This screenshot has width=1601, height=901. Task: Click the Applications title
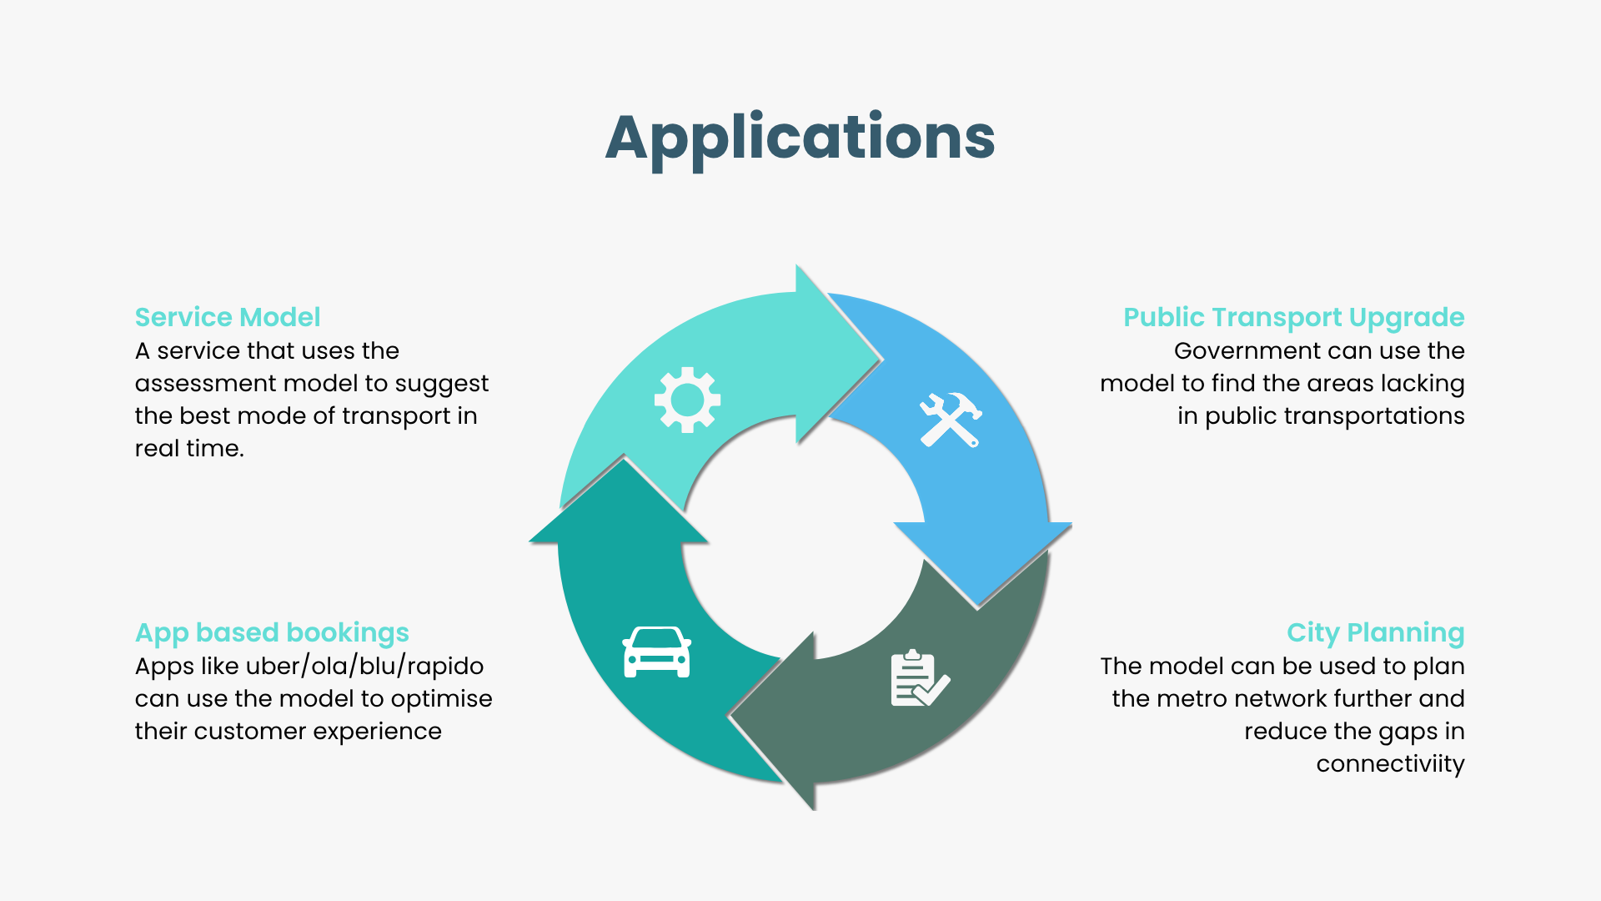coord(800,138)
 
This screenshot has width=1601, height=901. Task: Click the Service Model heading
coord(228,317)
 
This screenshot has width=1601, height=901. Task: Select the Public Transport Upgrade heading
coord(1293,317)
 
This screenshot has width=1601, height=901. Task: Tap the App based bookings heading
coord(272,632)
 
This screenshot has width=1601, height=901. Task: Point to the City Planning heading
coord(1375,632)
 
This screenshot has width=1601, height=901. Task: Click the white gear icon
coord(687,400)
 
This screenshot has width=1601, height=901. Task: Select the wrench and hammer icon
coord(950,420)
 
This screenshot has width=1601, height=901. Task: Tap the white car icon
coord(656,652)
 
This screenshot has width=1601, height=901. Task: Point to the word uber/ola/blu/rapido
coord(364,666)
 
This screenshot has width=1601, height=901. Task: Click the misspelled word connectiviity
coord(1390,763)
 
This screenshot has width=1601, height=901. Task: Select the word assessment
coord(205,383)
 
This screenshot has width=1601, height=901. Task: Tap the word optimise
coord(441,698)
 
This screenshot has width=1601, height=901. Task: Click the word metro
coord(1172,698)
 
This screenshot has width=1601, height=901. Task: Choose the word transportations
coord(1376,415)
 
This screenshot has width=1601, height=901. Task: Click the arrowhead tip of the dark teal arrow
coord(624,458)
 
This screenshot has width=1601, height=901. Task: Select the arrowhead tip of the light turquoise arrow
coord(880,360)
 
